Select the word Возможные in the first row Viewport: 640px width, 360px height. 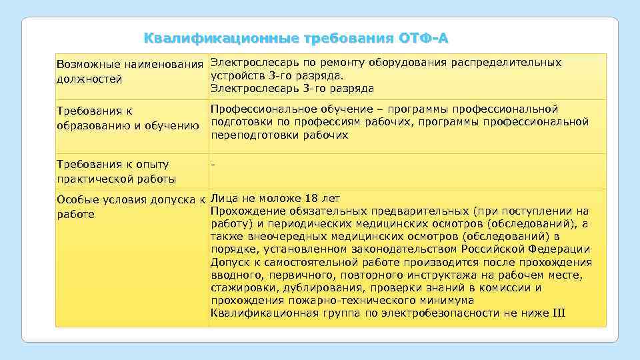pyautogui.click(x=85, y=65)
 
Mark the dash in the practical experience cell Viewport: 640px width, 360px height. pyautogui.click(x=213, y=164)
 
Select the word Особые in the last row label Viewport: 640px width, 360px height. pyautogui.click(x=76, y=199)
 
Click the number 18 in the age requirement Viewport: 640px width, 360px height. pyautogui.click(x=311, y=198)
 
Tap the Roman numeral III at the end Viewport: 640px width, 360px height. pyautogui.click(x=559, y=313)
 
